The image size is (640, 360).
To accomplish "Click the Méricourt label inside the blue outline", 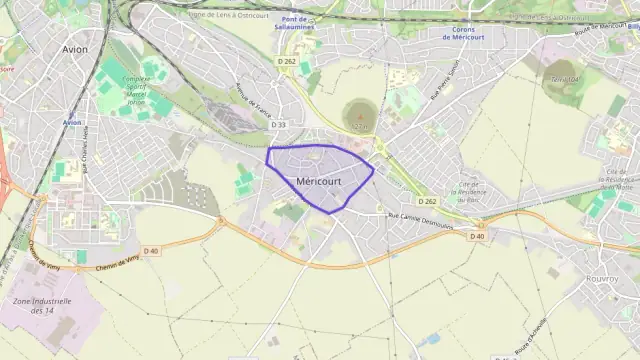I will point(322,180).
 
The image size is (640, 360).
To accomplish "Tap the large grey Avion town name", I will point(74,48).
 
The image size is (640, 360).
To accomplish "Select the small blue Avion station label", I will point(71,122).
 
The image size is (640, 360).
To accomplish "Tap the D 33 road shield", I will point(279,125).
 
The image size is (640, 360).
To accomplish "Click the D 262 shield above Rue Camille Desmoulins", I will point(428,201).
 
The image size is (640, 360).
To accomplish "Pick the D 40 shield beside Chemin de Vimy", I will point(151,250).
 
